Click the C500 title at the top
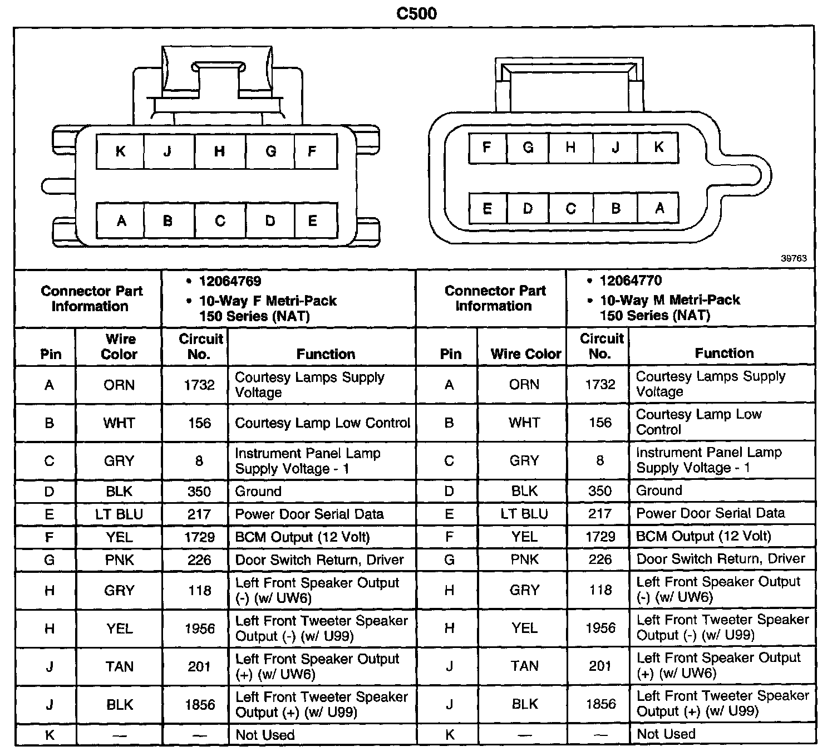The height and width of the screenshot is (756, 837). point(416,13)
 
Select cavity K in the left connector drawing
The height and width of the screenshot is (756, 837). point(120,151)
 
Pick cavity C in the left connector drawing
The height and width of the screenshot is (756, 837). point(220,221)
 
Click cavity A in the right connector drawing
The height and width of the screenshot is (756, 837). point(659,209)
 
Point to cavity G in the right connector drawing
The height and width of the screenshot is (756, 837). point(528,148)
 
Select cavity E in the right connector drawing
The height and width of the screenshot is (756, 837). point(487,209)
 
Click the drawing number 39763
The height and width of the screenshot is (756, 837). point(794,258)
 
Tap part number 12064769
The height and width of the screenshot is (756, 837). point(230,281)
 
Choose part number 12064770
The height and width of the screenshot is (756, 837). point(631,281)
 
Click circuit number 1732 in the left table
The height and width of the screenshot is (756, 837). point(199,385)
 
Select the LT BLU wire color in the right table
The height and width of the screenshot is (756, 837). point(524,514)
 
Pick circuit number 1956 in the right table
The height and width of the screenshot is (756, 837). point(600,628)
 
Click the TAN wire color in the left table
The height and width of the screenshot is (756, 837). point(119,666)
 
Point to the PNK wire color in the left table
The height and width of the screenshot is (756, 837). point(119,560)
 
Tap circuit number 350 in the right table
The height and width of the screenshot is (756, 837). point(600,491)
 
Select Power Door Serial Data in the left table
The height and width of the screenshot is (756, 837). point(309,514)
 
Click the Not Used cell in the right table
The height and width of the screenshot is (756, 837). point(666,734)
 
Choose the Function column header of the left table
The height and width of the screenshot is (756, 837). point(326,354)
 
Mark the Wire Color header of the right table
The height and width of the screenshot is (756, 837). point(526,354)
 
